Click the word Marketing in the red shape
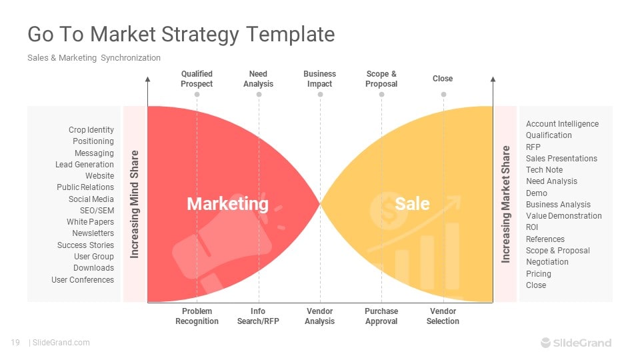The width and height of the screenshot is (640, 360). pos(228,204)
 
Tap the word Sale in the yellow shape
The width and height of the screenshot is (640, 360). pos(412,204)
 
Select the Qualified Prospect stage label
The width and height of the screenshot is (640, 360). pos(197,79)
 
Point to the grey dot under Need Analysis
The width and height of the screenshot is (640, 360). pos(259,95)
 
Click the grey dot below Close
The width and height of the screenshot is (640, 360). pos(444,95)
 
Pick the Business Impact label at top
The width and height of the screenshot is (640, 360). pos(319,79)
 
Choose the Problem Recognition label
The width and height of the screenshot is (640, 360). pos(197,316)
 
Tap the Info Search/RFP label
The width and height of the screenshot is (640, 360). pos(258,316)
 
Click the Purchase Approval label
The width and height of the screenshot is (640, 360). pos(381,316)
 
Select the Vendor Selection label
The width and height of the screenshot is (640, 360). pos(443,316)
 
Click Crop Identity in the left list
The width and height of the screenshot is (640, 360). pos(91,130)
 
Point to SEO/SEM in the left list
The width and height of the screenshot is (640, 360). pos(97,211)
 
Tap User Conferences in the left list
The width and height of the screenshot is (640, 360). pos(83,280)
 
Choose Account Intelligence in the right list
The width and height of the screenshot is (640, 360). pos(562,124)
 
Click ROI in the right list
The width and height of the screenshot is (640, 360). pos(532,227)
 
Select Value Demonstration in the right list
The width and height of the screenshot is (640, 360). pos(564,216)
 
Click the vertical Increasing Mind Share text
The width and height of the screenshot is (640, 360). pos(134,204)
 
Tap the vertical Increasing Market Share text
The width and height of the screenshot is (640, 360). pos(506,204)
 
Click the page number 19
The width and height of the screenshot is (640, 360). pos(15,343)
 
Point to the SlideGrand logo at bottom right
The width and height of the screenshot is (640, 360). pos(576,343)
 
